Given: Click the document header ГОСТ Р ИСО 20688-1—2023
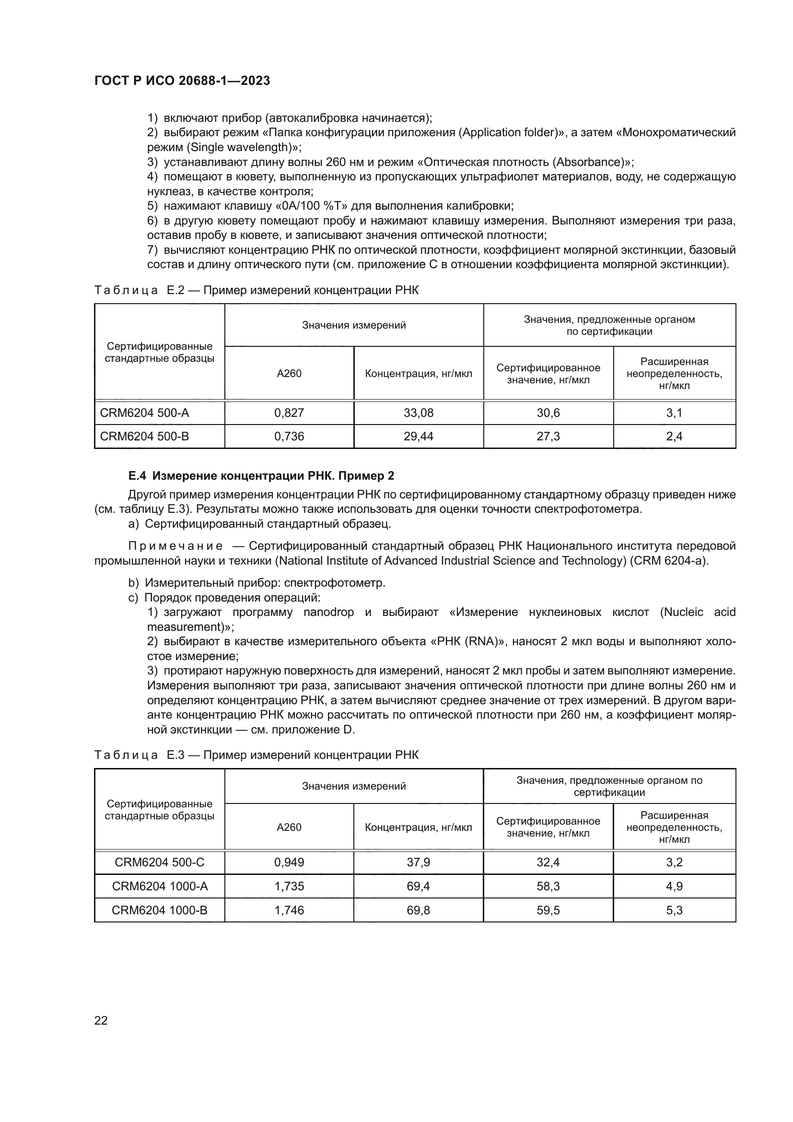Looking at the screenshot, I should (x=182, y=81).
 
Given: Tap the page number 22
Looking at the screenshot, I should (x=101, y=1020).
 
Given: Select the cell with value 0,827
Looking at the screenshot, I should (x=289, y=413).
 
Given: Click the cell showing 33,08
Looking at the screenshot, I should (x=419, y=413).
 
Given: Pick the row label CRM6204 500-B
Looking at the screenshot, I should (x=144, y=437).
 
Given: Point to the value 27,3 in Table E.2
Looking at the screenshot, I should (x=548, y=437).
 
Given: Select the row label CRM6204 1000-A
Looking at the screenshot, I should (x=160, y=886).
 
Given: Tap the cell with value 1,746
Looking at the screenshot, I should (x=289, y=910).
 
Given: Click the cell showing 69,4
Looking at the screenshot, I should (x=419, y=886).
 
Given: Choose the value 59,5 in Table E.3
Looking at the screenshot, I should (x=548, y=910).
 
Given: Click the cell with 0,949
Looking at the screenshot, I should (x=289, y=862).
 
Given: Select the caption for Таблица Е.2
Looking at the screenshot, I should (x=257, y=291).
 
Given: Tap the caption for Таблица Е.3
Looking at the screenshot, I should (x=257, y=756).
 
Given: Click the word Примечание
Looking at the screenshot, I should (x=175, y=546).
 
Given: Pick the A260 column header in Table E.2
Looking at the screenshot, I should (x=289, y=374).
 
